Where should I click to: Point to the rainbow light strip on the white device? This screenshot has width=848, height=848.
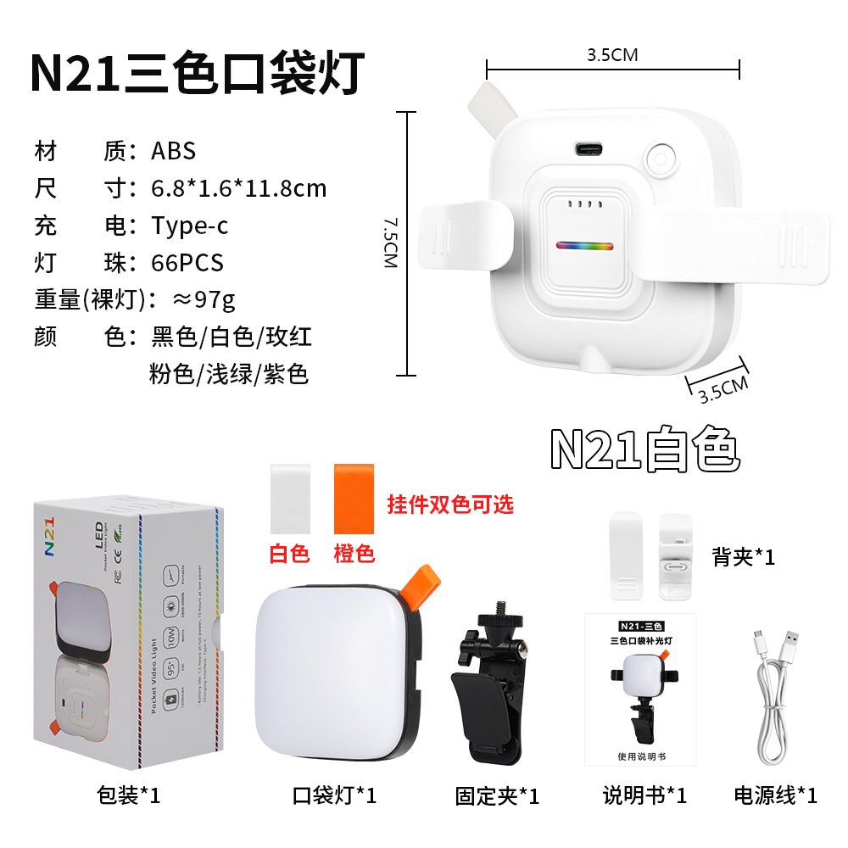pyautogui.click(x=584, y=247)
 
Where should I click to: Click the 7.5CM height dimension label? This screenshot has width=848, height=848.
pyautogui.click(x=389, y=244)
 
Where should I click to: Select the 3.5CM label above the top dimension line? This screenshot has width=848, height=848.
pyautogui.click(x=611, y=56)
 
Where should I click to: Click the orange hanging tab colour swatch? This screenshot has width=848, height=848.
pyautogui.click(x=354, y=498)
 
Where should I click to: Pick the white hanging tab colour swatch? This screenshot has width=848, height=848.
pyautogui.click(x=289, y=498)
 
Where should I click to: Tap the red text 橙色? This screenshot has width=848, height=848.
pyautogui.click(x=354, y=554)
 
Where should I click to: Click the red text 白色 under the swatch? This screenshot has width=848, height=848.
pyautogui.click(x=289, y=554)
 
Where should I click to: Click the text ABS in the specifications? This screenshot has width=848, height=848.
pyautogui.click(x=174, y=151)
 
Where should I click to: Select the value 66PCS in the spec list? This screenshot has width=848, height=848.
pyautogui.click(x=187, y=262)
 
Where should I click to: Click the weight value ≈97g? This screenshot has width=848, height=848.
pyautogui.click(x=204, y=299)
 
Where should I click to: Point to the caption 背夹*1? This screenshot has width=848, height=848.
pyautogui.click(x=744, y=557)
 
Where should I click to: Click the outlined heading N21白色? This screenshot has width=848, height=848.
pyautogui.click(x=645, y=450)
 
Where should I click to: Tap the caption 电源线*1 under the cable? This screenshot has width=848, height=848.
pyautogui.click(x=775, y=795)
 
